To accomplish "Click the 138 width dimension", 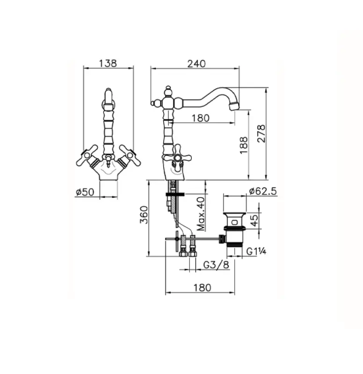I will [x=108, y=63].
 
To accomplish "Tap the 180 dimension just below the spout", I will [x=200, y=118].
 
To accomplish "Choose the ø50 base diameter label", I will [x=84, y=192].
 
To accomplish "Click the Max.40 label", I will [x=200, y=214].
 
